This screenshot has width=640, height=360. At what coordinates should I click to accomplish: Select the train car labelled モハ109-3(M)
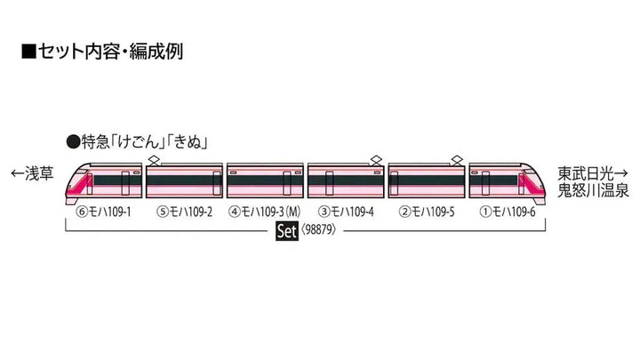coord(265,181)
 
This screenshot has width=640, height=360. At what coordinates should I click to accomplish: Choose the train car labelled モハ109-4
coord(346,181)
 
